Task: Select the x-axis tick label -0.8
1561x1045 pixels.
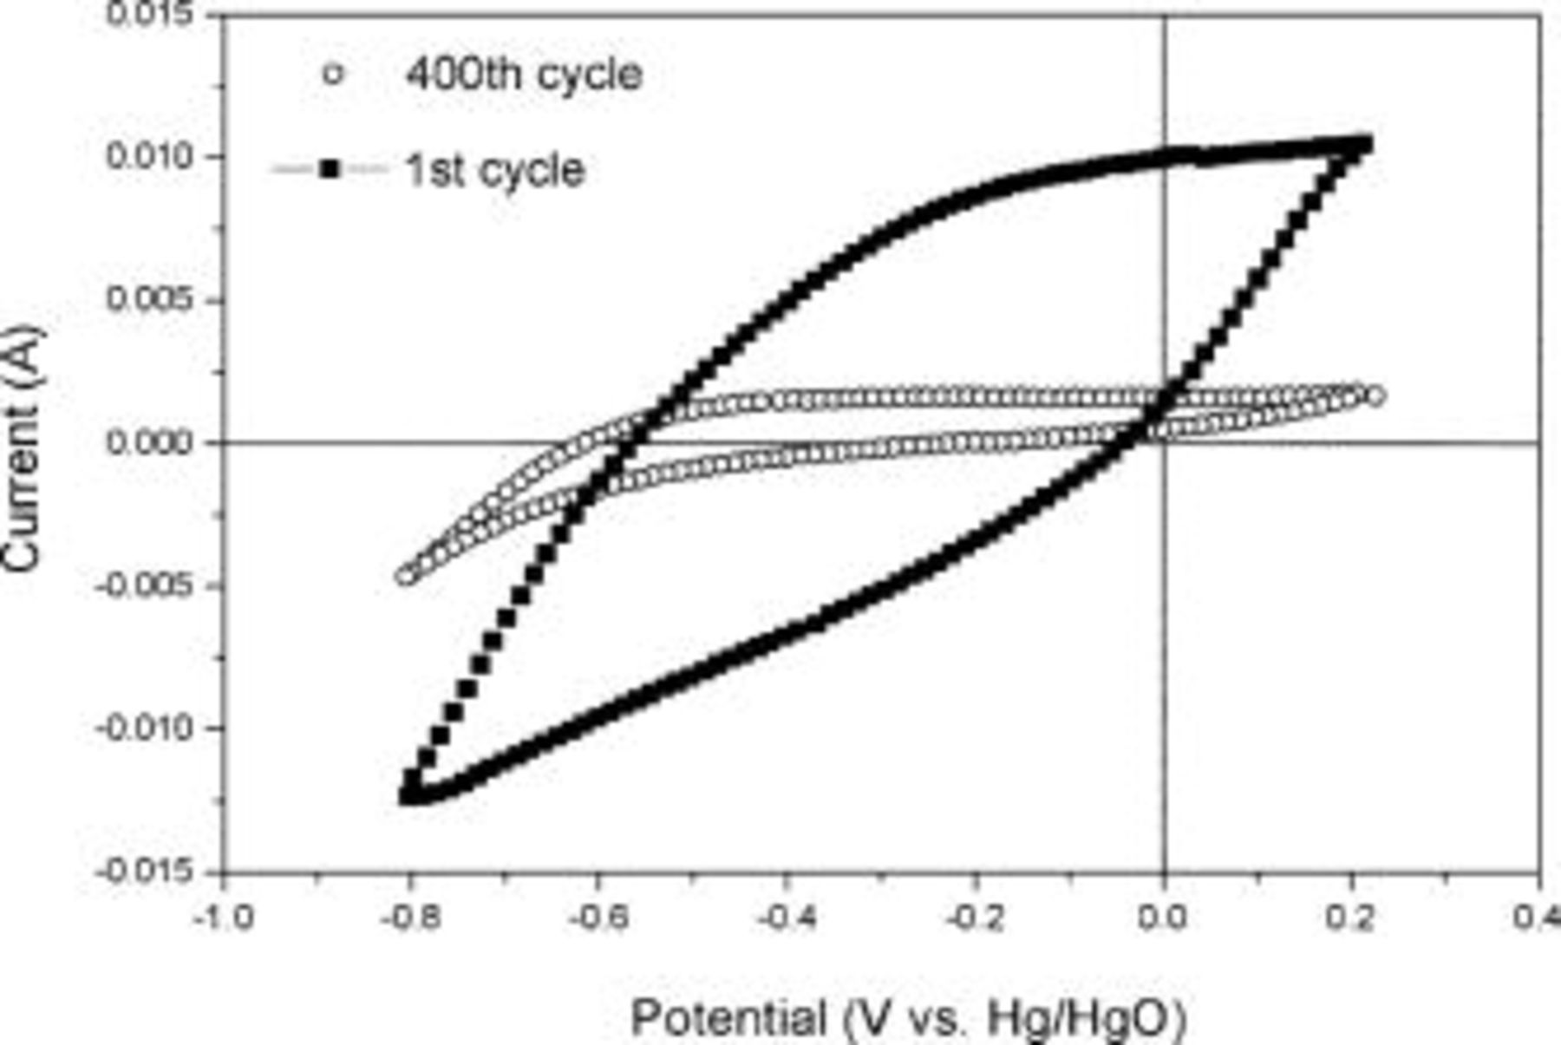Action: [x=410, y=917]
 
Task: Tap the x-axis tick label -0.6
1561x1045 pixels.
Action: [x=598, y=917]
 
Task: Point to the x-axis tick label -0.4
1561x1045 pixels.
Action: [x=787, y=917]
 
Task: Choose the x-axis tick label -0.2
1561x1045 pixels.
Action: [x=975, y=917]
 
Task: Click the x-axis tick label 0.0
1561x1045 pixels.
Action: [x=1164, y=917]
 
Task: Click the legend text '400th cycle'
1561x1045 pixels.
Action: [x=524, y=75]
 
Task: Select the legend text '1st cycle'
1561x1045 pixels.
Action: [x=495, y=170]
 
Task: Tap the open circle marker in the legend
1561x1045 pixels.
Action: [x=332, y=75]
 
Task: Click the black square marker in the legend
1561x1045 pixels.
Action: [x=330, y=169]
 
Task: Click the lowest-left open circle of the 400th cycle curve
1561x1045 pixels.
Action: [x=406, y=576]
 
